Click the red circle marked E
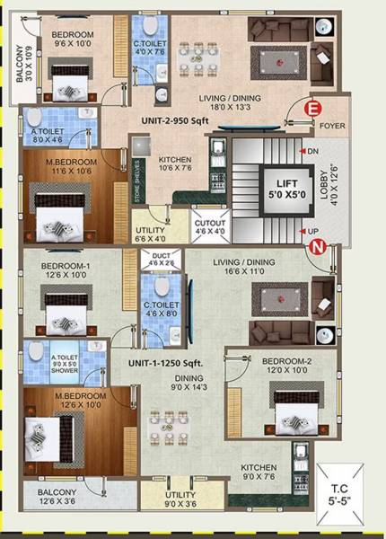pyautogui.click(x=313, y=108)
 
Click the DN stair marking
pyautogui.click(x=311, y=151)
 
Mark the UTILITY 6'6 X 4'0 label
pyautogui.click(x=151, y=236)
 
